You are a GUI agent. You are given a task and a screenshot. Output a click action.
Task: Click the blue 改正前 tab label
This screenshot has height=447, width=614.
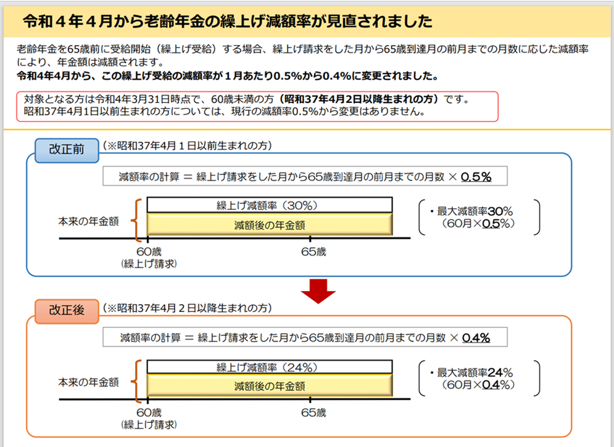point(67,150)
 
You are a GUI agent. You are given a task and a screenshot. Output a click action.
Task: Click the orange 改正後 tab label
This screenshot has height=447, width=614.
point(67,311)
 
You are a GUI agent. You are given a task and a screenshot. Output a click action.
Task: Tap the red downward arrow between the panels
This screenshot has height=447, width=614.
point(318,291)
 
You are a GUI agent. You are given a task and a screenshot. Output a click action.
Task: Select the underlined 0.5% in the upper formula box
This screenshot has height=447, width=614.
point(476,177)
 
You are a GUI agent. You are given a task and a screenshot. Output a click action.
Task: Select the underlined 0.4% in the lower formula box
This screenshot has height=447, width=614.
point(476,337)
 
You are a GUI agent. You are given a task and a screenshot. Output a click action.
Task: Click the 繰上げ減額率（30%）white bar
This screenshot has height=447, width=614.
point(270,205)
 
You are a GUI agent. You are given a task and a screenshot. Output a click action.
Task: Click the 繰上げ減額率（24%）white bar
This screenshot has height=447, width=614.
point(270,367)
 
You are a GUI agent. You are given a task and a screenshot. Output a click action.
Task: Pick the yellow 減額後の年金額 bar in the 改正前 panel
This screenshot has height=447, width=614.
point(270,224)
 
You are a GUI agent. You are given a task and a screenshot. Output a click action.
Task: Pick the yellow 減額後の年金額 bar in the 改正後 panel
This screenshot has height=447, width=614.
point(270,385)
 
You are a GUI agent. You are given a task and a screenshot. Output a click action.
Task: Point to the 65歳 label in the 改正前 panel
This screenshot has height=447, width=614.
point(313,252)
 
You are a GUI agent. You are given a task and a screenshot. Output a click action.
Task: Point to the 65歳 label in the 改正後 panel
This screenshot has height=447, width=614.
point(313,412)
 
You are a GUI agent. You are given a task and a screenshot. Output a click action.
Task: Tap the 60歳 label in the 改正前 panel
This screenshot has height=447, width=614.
point(149,252)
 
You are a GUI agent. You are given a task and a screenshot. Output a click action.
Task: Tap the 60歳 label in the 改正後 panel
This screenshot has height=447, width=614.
point(149,412)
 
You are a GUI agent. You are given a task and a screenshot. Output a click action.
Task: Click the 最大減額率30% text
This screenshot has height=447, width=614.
point(475,211)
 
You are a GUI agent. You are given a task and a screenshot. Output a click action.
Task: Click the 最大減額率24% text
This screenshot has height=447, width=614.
point(475,372)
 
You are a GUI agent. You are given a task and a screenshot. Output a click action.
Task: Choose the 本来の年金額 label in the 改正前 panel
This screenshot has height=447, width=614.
point(88,221)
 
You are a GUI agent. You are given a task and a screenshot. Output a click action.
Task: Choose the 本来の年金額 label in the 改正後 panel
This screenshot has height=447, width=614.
point(88,382)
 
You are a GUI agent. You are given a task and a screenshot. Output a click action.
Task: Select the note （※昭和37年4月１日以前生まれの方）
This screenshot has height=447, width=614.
point(187,146)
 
